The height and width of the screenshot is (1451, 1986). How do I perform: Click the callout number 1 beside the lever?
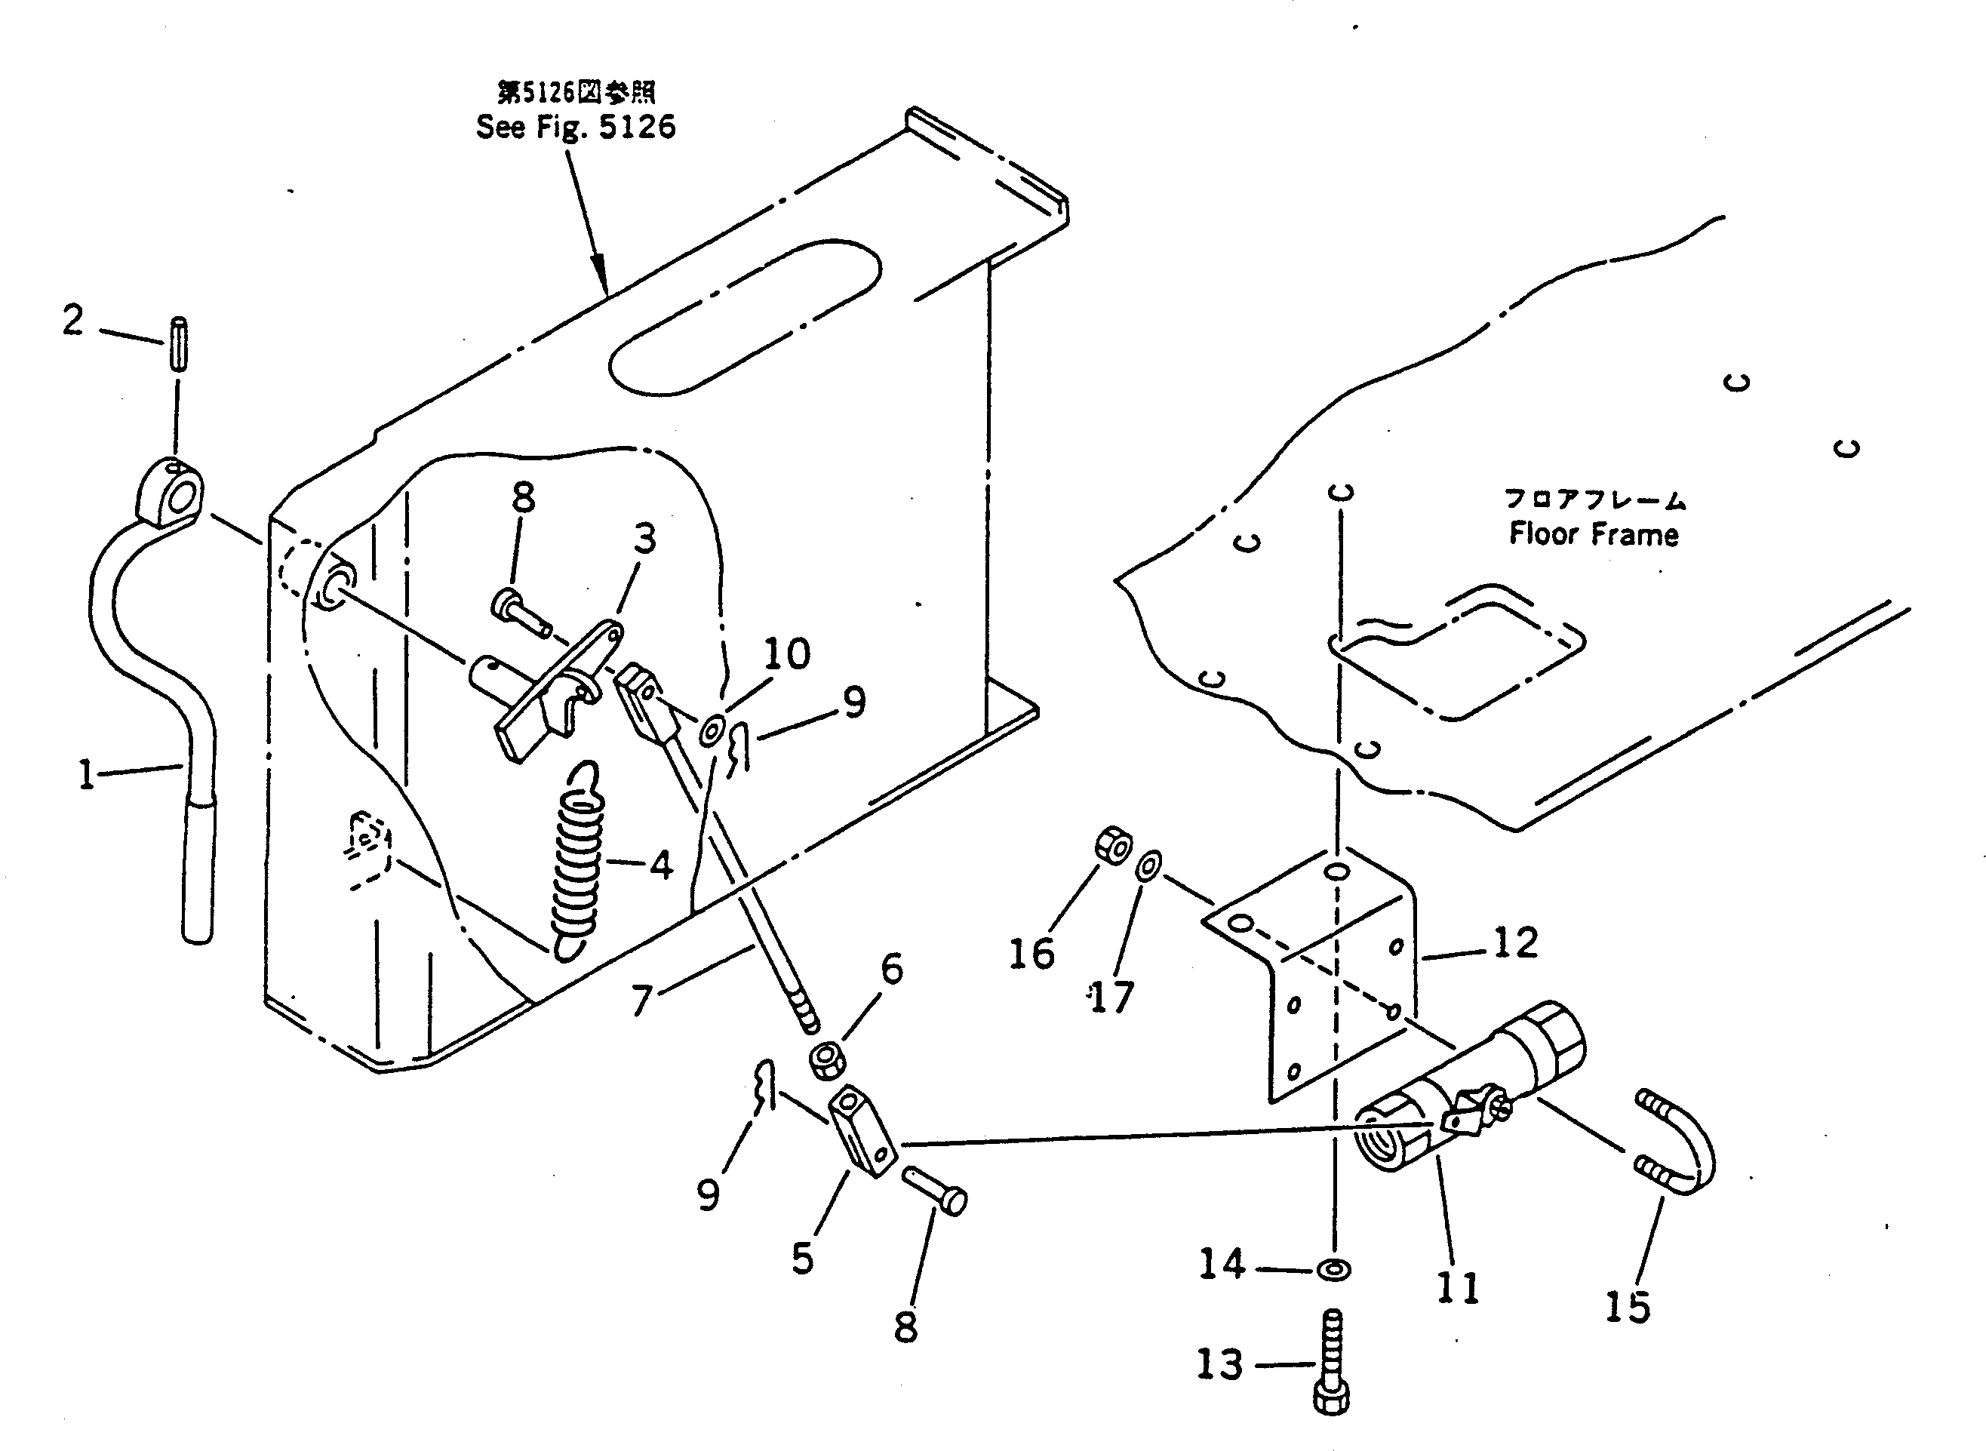pos(86,776)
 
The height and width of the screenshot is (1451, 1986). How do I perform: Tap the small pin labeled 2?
pos(177,344)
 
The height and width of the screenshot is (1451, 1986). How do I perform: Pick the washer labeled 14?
pos(1334,1270)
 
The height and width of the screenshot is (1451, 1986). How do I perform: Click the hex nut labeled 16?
pos(1113,845)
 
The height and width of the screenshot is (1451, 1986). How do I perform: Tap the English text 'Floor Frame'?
pos(1594,534)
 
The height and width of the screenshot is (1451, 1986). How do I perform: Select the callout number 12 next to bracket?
pos(1515,942)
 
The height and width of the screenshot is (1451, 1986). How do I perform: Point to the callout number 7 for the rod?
pos(642,1001)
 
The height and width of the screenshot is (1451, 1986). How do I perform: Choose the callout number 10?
pos(786,654)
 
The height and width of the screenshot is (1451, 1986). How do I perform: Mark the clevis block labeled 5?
pos(863,1132)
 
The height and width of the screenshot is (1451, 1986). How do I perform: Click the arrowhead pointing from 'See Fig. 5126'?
pos(600,273)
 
